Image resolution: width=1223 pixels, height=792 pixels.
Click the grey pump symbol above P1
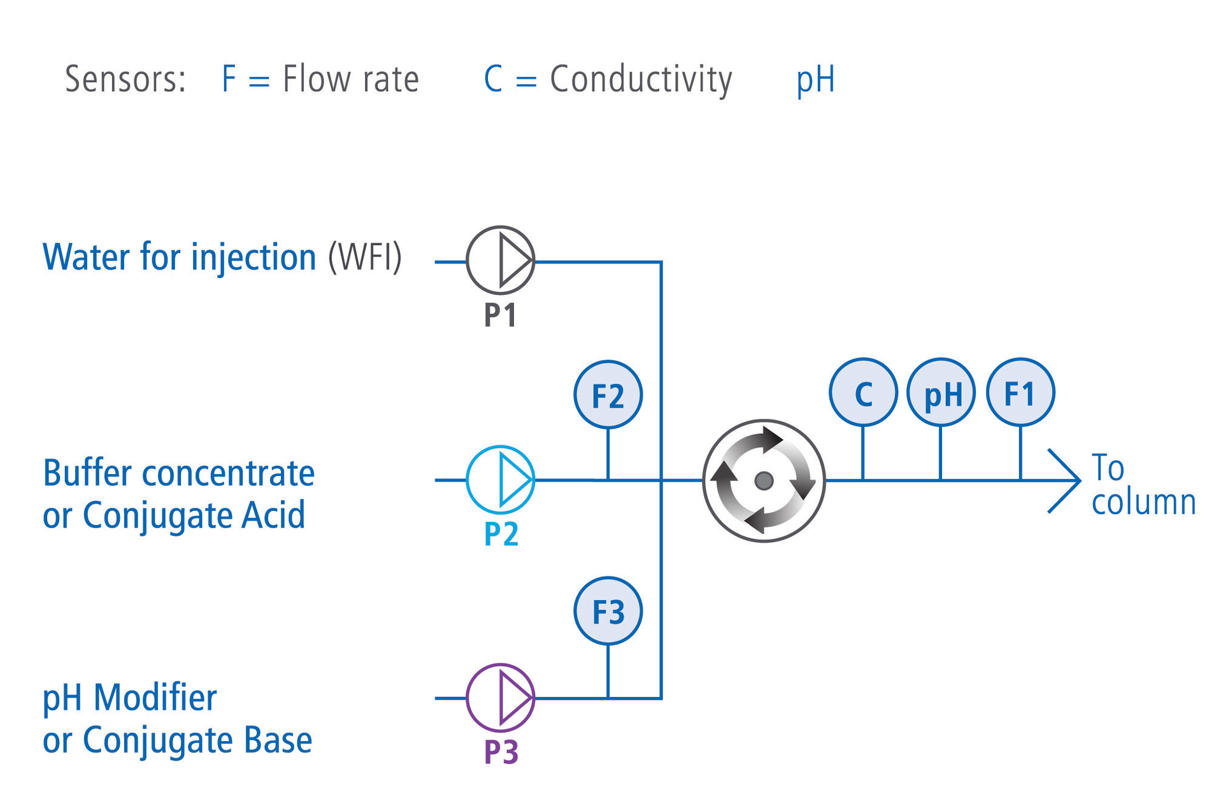(x=500, y=260)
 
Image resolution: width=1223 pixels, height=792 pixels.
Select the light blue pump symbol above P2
(x=500, y=479)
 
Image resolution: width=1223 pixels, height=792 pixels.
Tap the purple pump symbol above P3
(x=500, y=698)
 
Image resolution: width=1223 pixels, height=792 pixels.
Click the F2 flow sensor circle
(x=608, y=395)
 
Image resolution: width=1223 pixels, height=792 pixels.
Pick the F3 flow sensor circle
(x=608, y=612)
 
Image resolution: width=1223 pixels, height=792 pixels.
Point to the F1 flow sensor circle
(x=1020, y=392)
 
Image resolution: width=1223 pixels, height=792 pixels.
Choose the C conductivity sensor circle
(x=863, y=392)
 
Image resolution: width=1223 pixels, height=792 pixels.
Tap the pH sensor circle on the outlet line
(x=941, y=392)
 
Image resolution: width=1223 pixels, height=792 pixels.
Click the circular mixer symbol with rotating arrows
(x=764, y=480)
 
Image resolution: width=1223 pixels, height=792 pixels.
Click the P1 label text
(x=500, y=315)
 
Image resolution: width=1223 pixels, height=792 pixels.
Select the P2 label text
(x=501, y=534)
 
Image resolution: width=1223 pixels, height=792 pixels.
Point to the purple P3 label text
(x=501, y=752)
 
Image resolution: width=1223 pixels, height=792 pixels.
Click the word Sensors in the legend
(x=125, y=80)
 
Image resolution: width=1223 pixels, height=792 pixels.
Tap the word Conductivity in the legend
(x=641, y=80)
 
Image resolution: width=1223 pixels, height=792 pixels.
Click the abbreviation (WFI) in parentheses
(x=364, y=257)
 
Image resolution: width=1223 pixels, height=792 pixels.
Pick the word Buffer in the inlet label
(x=87, y=473)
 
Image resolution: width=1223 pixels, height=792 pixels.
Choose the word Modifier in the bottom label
(x=155, y=698)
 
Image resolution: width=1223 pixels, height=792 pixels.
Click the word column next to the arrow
(x=1143, y=502)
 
